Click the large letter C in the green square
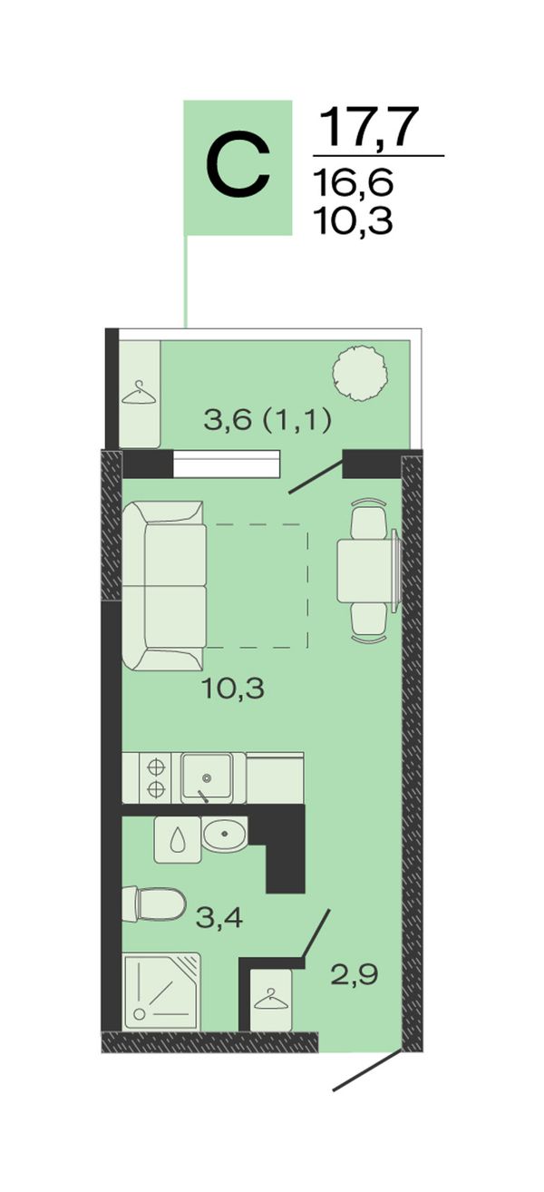click(x=238, y=167)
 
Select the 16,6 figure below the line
click(x=354, y=181)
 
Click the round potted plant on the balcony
click(x=359, y=373)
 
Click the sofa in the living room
click(x=164, y=585)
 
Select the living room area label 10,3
click(x=233, y=690)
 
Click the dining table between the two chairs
click(x=364, y=570)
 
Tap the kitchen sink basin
click(x=208, y=777)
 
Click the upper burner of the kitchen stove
click(x=155, y=767)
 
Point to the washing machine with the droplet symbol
click(x=177, y=840)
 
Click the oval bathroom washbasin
click(x=224, y=834)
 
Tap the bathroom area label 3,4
click(x=219, y=917)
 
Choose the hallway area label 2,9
click(x=355, y=975)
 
